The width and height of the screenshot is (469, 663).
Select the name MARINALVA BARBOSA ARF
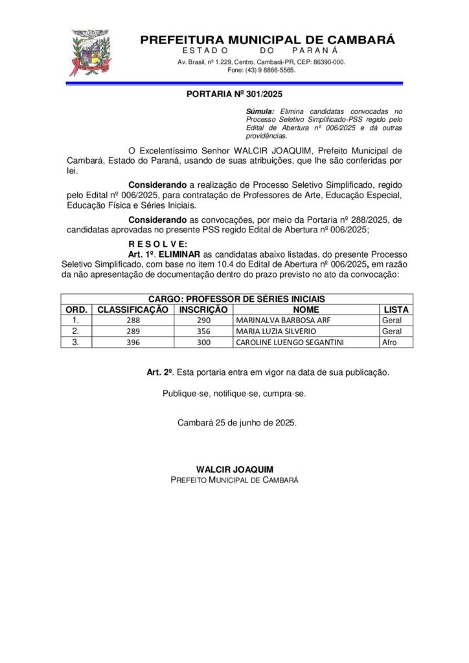click(274, 320)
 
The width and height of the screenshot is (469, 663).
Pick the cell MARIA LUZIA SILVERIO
click(271, 331)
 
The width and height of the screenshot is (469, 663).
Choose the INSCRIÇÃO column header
click(203, 309)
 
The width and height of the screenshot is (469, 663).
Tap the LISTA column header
click(396, 309)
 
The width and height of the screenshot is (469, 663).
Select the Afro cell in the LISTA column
click(389, 342)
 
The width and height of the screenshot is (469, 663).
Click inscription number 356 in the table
click(203, 331)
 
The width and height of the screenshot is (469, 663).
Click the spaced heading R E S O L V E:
click(158, 243)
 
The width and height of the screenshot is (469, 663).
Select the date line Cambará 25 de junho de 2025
click(237, 423)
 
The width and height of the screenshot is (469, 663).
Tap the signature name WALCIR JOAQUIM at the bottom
click(234, 469)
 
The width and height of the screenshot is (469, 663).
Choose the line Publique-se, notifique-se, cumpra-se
click(234, 393)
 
